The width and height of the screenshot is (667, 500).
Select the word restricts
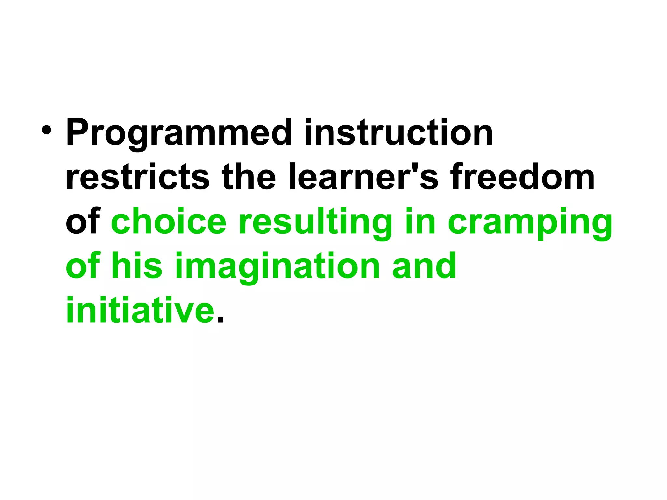[137, 177]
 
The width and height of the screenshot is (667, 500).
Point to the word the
[248, 177]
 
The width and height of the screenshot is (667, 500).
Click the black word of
[82, 222]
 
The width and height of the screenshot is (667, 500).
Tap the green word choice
[169, 222]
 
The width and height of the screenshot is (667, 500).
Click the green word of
[82, 266]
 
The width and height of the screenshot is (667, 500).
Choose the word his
[137, 266]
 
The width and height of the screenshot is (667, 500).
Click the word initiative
[140, 310]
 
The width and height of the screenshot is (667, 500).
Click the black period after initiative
[220, 320]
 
